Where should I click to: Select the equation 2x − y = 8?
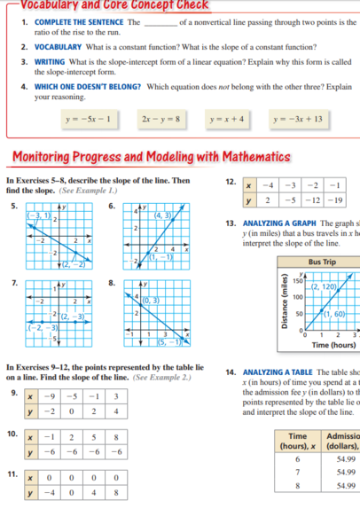pos(160,118)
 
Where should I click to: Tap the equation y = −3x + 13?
pos(299,118)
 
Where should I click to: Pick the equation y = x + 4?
pos(230,118)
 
